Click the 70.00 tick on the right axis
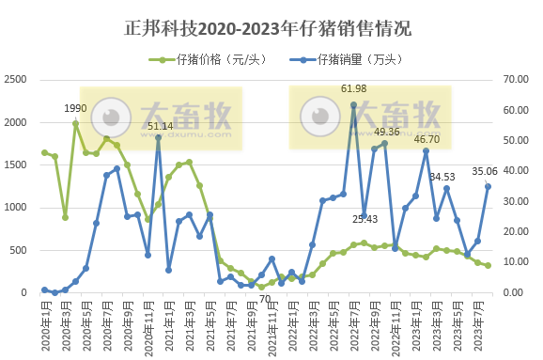point(520,80)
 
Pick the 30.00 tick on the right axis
point(520,201)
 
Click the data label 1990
point(75,109)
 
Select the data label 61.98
point(353,89)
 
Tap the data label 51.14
point(160,126)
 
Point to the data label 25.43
point(365,219)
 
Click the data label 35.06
point(485,171)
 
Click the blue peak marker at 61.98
point(353,104)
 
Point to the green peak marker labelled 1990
point(75,123)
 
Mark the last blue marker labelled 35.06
point(488,186)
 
